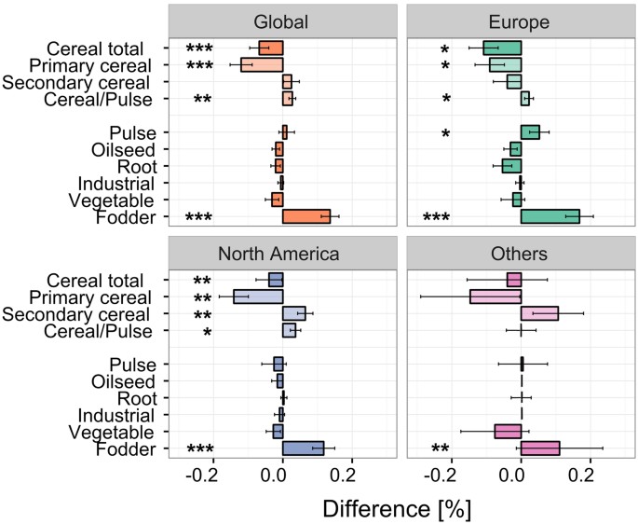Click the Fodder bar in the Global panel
click(306, 216)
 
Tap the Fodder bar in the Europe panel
click(550, 216)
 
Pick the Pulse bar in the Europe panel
click(530, 132)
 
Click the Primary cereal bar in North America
click(258, 296)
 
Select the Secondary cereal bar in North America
click(294, 313)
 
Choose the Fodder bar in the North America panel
click(303, 448)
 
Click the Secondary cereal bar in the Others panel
click(539, 313)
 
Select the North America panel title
click(283, 254)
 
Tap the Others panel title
click(521, 254)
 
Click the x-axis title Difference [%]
click(397, 508)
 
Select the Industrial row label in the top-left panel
click(110, 183)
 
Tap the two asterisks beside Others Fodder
click(441, 449)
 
